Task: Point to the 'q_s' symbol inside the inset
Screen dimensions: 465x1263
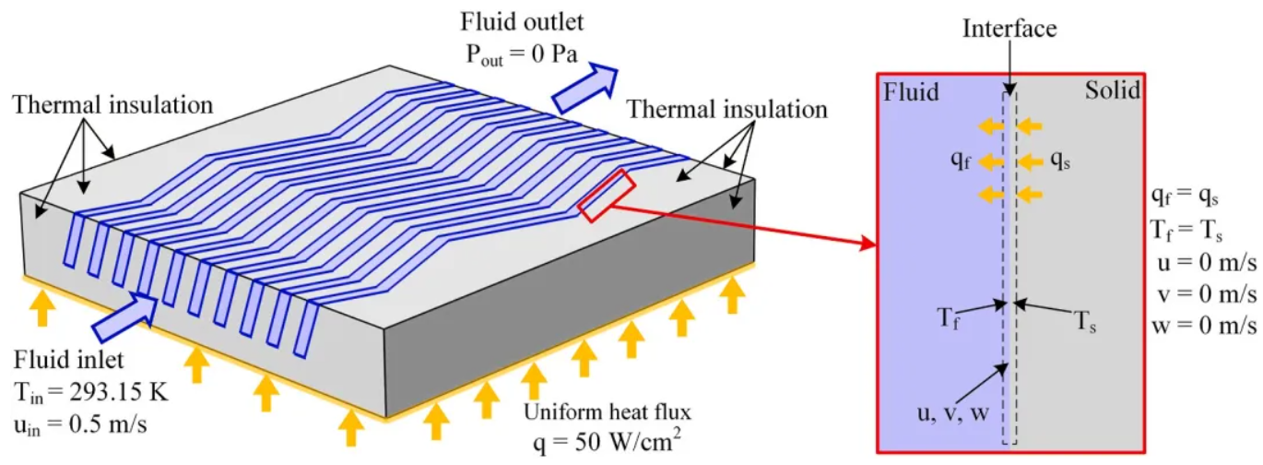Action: click(1062, 160)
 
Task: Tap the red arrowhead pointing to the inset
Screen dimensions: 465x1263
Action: click(866, 245)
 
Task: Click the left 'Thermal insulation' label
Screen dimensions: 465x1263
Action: click(113, 105)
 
